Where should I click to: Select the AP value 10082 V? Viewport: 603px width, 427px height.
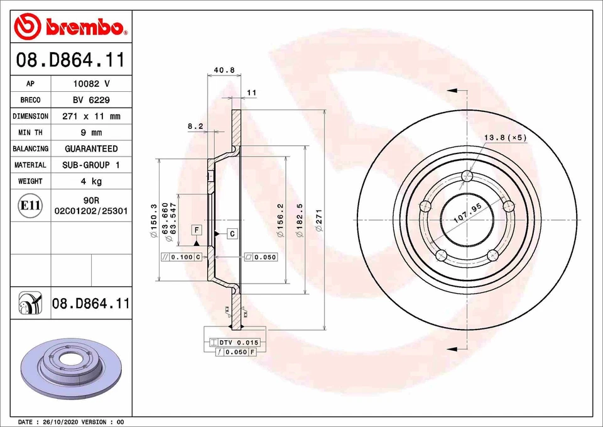pyautogui.click(x=91, y=84)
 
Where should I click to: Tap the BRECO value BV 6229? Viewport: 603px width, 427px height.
pyautogui.click(x=91, y=100)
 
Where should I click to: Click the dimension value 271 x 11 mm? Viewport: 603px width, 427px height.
pyautogui.click(x=91, y=116)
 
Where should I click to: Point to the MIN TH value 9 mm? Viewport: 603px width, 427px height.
pyautogui.click(x=91, y=133)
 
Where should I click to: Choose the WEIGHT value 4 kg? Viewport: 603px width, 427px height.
pyautogui.click(x=91, y=181)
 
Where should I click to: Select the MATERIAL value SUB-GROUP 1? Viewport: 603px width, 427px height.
pyautogui.click(x=91, y=165)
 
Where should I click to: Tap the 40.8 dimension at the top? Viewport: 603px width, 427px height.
pyautogui.click(x=224, y=70)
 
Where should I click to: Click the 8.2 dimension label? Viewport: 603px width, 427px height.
pyautogui.click(x=195, y=126)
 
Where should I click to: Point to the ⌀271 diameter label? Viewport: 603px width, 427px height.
pyautogui.click(x=319, y=221)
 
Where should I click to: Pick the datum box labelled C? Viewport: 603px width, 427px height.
pyautogui.click(x=231, y=234)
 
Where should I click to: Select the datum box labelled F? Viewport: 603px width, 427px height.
pyautogui.click(x=197, y=230)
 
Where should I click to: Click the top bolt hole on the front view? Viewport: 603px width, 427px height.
pyautogui.click(x=466, y=175)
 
